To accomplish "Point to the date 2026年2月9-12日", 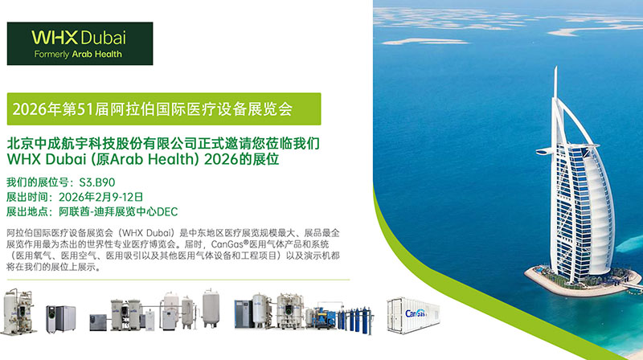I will [97, 197].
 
